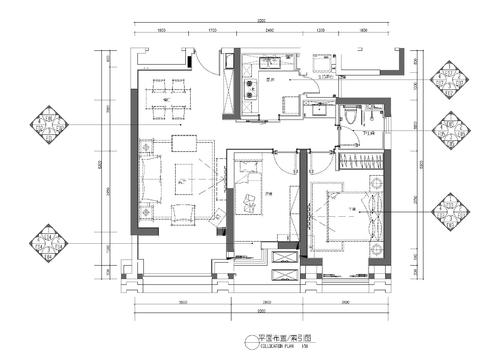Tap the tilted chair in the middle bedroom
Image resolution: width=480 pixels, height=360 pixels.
(x=248, y=205)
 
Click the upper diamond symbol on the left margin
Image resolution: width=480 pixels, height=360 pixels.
(x=50, y=125)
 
